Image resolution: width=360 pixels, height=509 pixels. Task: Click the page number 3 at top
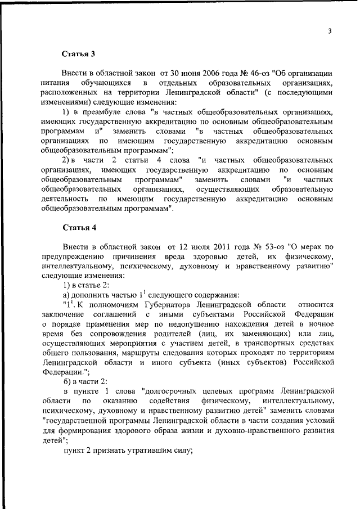[330, 31]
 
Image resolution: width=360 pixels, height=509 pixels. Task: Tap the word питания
[54, 83]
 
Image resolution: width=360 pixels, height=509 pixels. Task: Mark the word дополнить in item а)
[92, 295]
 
